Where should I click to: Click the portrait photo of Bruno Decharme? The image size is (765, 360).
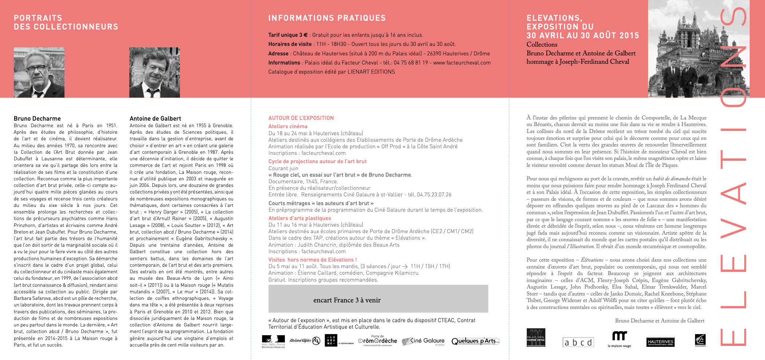[39, 73]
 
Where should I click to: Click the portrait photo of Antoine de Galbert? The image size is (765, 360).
[154, 73]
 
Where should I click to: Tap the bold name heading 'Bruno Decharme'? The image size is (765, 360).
[37, 118]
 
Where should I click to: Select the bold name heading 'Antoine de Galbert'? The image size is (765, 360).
[155, 118]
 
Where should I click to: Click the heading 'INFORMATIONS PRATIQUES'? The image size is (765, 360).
[327, 18]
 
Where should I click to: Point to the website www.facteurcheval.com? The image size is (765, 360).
[462, 63]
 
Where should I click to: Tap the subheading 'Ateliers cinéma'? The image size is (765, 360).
[288, 126]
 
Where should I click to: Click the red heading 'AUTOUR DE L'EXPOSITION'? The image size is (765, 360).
[301, 118]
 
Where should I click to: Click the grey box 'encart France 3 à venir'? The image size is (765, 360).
[378, 299]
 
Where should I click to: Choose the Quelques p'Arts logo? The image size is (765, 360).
[475, 341]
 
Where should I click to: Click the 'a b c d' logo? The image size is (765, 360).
[578, 342]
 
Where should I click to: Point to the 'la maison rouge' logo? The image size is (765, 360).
[619, 339]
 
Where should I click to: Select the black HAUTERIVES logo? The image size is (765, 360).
[660, 342]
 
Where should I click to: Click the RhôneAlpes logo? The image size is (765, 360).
[305, 341]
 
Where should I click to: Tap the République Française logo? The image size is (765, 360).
[273, 341]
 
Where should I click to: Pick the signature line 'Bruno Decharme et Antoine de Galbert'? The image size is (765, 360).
[660, 321]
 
